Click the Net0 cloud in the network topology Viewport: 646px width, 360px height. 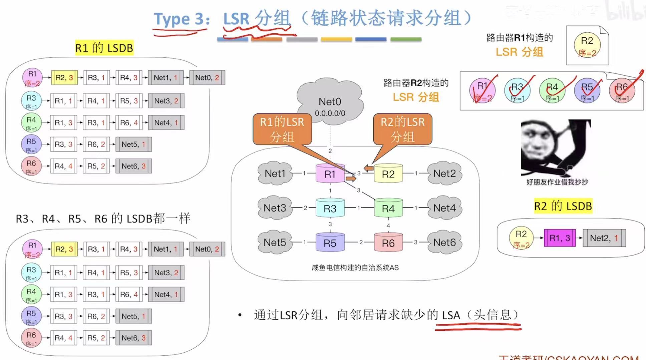pos(330,102)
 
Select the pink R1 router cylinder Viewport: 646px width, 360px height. pos(330,173)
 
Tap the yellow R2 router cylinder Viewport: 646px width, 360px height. pos(388,173)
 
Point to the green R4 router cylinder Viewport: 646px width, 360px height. pos(388,208)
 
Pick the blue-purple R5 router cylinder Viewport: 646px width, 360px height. pos(330,243)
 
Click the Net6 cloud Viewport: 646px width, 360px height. pos(444,242)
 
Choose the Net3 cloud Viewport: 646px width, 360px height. pos(275,208)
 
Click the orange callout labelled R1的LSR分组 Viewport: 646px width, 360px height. pos(282,129)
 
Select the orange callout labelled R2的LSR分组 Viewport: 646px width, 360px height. pos(402,129)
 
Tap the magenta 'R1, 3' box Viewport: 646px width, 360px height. pos(560,238)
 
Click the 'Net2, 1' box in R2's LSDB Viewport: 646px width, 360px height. pos(604,238)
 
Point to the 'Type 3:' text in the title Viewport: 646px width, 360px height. pos(181,19)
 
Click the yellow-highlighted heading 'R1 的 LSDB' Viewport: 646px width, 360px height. pos(104,48)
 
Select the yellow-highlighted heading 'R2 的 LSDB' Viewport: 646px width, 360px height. pos(563,206)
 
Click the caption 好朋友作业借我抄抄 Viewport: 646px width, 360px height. pos(557,182)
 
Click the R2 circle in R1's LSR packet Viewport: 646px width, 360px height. pos(587,45)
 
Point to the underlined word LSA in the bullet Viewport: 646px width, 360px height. pos(451,315)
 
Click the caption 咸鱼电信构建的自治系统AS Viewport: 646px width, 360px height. pos(355,268)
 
